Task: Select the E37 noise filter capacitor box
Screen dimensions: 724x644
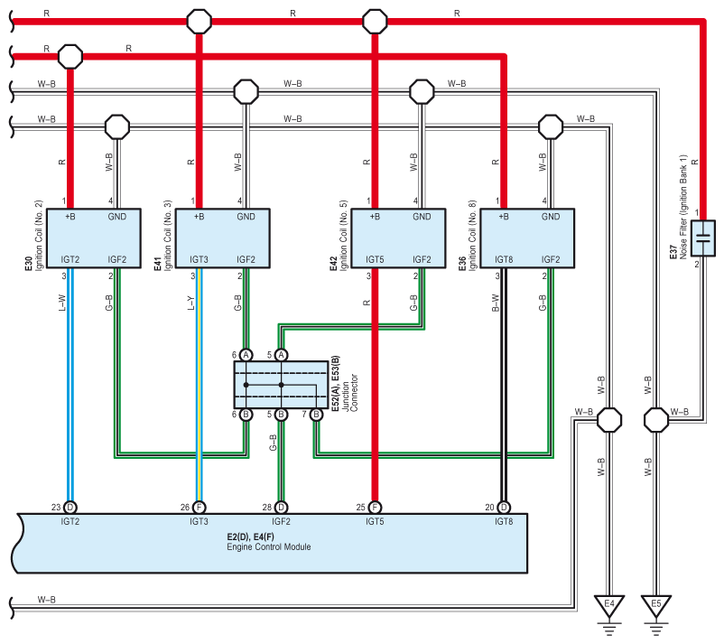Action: pyautogui.click(x=702, y=238)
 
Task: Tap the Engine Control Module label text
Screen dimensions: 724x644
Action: pyautogui.click(x=268, y=547)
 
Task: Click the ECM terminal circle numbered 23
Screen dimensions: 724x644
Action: pyautogui.click(x=70, y=508)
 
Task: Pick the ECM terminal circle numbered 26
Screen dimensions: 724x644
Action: pyautogui.click(x=199, y=508)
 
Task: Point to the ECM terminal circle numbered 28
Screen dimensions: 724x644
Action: pyautogui.click(x=281, y=508)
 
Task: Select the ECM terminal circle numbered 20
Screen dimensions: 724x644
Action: pyautogui.click(x=504, y=508)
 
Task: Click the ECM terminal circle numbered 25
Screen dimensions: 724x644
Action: pyautogui.click(x=375, y=508)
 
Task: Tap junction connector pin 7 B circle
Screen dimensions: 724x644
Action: pyautogui.click(x=316, y=415)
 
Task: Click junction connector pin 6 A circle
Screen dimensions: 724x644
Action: pyautogui.click(x=246, y=355)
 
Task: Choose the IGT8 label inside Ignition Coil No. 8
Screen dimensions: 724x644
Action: pyautogui.click(x=504, y=259)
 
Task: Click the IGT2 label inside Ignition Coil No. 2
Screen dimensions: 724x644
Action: pyautogui.click(x=70, y=259)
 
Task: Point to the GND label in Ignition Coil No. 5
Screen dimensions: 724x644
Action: pyautogui.click(x=422, y=217)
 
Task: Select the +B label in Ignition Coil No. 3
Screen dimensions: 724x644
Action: pyautogui.click(x=199, y=217)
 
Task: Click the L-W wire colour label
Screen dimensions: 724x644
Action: pyautogui.click(x=62, y=303)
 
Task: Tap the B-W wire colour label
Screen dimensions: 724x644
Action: pyautogui.click(x=496, y=303)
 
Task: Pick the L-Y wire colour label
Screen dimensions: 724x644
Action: pyautogui.click(x=191, y=303)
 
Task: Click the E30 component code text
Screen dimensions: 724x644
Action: pyautogui.click(x=29, y=264)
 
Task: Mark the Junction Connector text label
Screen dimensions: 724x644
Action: pyautogui.click(x=350, y=393)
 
